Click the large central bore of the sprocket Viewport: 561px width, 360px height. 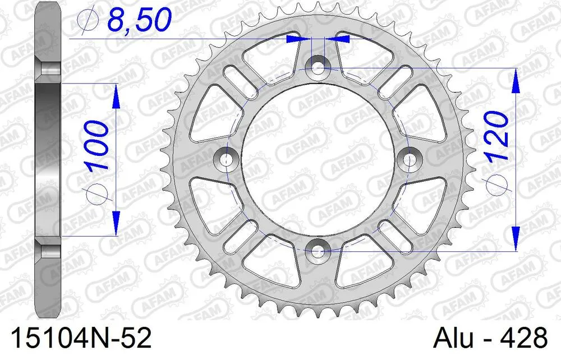coord(319,159)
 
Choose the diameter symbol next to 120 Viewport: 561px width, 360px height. coord(497,185)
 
